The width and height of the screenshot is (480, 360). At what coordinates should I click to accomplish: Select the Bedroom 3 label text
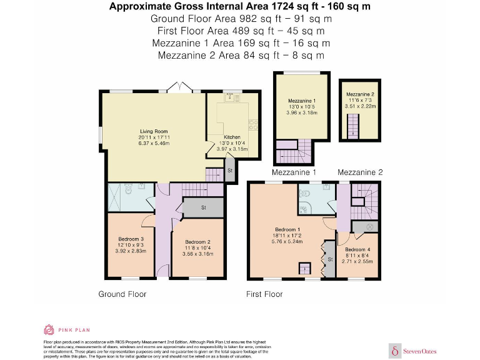pos(131,239)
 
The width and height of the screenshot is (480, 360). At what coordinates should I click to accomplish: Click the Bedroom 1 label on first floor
pos(287,229)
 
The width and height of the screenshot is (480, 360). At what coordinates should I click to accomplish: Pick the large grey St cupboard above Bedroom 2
pos(203,207)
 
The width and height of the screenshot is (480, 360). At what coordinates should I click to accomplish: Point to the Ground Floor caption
pos(122,294)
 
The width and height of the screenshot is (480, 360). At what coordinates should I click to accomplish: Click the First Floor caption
pos(264,294)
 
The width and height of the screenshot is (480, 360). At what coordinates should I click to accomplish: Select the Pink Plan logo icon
pos(49,330)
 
